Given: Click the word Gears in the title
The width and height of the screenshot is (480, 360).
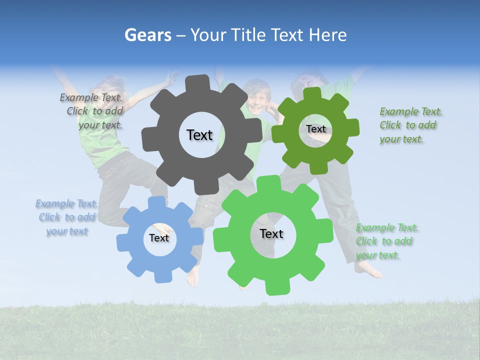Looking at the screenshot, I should pyautogui.click(x=148, y=35).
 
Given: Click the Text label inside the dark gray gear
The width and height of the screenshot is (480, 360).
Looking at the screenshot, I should pyautogui.click(x=199, y=135).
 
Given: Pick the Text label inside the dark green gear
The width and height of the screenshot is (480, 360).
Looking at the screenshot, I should pyautogui.click(x=316, y=129).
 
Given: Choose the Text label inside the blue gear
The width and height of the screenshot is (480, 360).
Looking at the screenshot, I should pyautogui.click(x=159, y=238).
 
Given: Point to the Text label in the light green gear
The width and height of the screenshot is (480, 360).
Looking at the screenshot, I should pyautogui.click(x=271, y=234).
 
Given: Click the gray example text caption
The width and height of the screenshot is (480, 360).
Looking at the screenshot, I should pyautogui.click(x=92, y=111).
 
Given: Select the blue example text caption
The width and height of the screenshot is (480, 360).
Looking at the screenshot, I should pyautogui.click(x=67, y=217).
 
